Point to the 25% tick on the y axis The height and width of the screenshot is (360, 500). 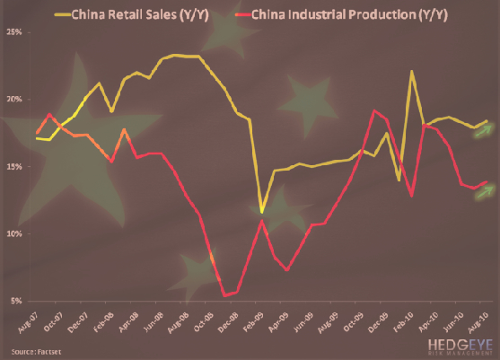coord(14,32)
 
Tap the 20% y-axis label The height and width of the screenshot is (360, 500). coord(14,100)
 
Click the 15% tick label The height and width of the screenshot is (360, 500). coord(14,167)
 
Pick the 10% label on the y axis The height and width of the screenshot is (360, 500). coord(14,234)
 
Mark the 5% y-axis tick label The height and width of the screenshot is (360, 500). coord(16,302)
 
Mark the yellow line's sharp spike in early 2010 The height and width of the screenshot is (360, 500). coord(412,71)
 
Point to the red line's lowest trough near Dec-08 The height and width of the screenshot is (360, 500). coord(224,294)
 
